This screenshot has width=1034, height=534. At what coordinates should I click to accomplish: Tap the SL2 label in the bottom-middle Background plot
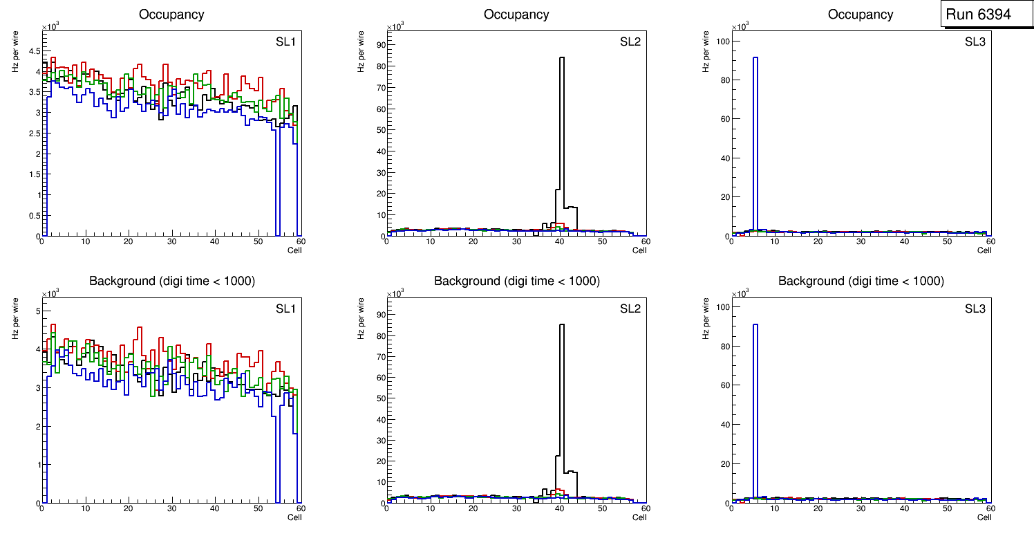(x=630, y=309)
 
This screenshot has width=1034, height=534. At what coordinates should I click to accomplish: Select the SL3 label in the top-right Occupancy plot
(x=975, y=42)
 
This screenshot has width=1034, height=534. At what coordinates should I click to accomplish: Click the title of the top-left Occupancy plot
(x=171, y=14)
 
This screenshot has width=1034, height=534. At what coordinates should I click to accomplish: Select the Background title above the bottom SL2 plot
(x=516, y=281)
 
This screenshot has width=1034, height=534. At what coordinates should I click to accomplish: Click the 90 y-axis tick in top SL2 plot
(x=379, y=45)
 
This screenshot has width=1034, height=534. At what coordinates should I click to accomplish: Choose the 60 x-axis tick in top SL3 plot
(x=990, y=241)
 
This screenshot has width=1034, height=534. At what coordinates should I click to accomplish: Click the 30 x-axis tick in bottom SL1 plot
(x=171, y=508)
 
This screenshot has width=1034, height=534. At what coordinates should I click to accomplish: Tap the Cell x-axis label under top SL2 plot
(x=639, y=250)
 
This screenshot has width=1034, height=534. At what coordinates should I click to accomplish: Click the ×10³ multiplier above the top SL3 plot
(x=739, y=26)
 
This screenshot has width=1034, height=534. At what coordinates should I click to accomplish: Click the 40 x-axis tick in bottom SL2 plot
(x=559, y=508)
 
